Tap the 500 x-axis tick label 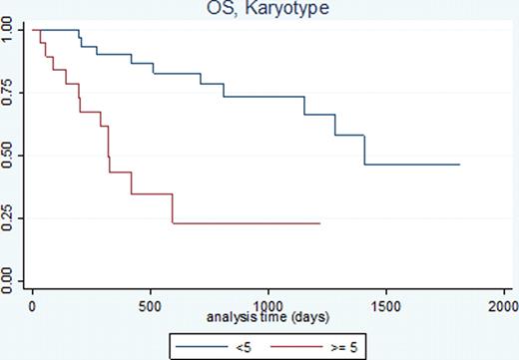click(x=151, y=303)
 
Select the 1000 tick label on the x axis click(x=268, y=303)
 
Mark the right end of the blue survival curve click(x=459, y=164)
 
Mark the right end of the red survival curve click(x=319, y=223)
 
